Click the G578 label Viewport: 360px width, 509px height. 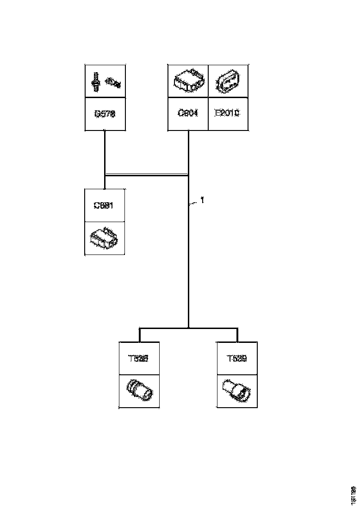(105, 114)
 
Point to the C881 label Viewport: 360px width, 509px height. (105, 205)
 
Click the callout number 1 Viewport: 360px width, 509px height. (202, 200)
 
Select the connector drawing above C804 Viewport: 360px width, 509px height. (187, 81)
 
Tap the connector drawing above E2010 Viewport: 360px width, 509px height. (227, 82)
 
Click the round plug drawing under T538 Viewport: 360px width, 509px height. (139, 391)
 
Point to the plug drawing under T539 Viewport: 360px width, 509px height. (236, 390)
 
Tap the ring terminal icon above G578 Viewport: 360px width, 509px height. (113, 82)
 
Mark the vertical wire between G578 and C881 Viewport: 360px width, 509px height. (105, 157)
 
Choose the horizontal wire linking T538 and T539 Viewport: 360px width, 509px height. (188, 328)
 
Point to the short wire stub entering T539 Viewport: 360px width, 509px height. (237, 335)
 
